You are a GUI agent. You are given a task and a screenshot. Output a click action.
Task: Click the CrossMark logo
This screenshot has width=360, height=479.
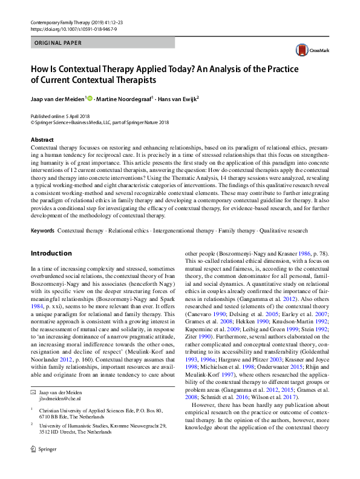[307, 50]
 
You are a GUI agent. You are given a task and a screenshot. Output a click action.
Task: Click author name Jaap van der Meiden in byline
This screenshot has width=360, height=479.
[58, 99]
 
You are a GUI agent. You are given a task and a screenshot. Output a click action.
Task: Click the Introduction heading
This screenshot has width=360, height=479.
[51, 253]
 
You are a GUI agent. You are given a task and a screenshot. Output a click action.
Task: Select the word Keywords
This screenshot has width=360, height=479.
[42, 231]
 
